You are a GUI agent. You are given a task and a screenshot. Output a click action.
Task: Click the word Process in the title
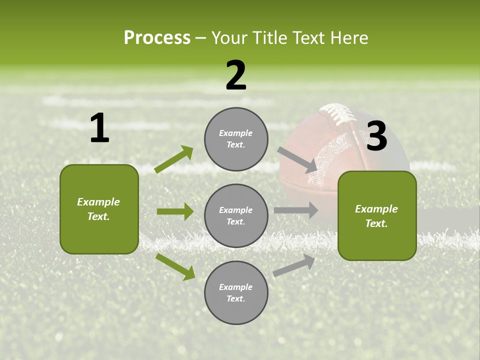point(157,38)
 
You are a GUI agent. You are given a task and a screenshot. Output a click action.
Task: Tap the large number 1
point(99,128)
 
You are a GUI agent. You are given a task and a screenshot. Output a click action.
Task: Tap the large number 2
point(236,75)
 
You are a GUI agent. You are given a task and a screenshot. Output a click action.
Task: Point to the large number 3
point(376,136)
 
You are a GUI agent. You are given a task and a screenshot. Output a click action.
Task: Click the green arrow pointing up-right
point(174,159)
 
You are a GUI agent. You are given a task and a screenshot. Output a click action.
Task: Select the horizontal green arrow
point(175,211)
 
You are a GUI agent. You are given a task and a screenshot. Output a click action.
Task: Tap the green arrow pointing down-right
point(175,266)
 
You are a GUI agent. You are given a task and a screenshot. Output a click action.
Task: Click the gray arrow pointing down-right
point(297,160)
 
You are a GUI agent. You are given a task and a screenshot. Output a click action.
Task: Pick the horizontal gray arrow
point(296,210)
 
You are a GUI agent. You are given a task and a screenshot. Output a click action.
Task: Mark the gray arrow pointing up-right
point(294,265)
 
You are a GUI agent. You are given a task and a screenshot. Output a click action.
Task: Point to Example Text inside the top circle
point(236,139)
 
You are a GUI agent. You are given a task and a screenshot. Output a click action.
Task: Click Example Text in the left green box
point(98,209)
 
